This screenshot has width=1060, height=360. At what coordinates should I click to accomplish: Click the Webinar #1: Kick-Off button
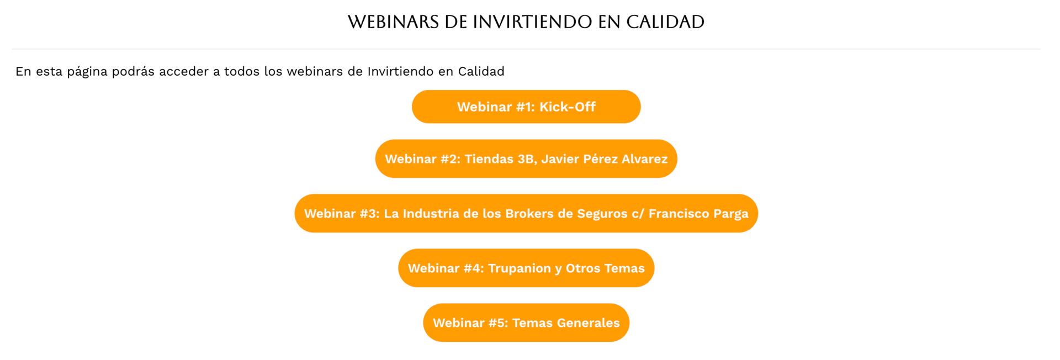point(526,107)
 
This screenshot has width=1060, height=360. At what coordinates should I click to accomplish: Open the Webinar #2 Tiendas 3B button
point(526,158)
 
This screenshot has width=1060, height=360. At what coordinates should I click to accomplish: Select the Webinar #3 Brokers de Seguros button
point(526,213)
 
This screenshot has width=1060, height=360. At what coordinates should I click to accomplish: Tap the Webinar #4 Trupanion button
point(526,268)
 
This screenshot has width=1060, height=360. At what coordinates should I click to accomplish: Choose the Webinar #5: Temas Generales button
point(526,322)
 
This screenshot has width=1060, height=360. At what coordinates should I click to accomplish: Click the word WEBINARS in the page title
point(394,22)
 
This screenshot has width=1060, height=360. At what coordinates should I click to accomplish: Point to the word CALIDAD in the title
point(665,22)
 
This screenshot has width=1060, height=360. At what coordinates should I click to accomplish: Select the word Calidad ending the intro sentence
point(481,71)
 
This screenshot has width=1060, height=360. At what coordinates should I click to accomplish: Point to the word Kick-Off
point(568,107)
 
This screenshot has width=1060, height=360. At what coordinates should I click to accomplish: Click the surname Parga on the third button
point(731,214)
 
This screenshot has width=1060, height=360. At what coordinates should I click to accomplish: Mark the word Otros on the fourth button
point(583,268)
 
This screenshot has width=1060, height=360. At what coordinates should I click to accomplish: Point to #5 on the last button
point(498,323)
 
